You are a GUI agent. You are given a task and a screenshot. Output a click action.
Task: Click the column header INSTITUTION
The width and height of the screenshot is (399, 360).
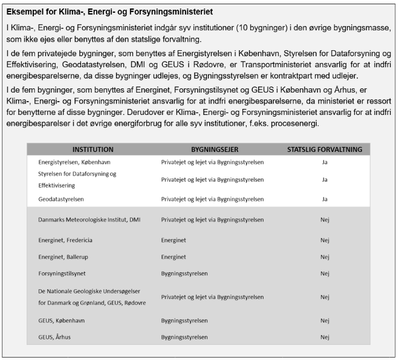tap(93, 149)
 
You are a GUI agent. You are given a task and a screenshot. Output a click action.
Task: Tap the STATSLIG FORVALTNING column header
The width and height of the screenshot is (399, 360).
tap(325, 149)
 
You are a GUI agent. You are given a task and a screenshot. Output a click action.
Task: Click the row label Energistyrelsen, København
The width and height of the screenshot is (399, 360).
tap(74, 162)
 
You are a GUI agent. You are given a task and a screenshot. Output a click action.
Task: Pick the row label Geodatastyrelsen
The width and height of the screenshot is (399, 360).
tap(61, 198)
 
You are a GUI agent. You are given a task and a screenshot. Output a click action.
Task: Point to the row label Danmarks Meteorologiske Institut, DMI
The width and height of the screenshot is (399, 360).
tap(89, 220)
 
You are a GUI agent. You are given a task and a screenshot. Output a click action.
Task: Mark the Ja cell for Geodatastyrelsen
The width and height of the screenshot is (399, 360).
tap(325, 198)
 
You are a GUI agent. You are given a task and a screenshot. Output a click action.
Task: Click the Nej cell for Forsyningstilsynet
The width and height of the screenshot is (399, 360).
tap(325, 273)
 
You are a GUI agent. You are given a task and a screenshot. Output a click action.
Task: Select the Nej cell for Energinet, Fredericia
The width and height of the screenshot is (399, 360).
tap(325, 240)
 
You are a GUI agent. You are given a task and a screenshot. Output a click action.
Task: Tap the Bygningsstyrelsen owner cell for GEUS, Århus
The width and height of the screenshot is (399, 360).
tap(184, 337)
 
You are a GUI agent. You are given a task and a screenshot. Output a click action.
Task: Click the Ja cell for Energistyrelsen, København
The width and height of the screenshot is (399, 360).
tap(325, 162)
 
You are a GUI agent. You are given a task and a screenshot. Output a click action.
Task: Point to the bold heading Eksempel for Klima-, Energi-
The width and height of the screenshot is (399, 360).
tap(109, 12)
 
